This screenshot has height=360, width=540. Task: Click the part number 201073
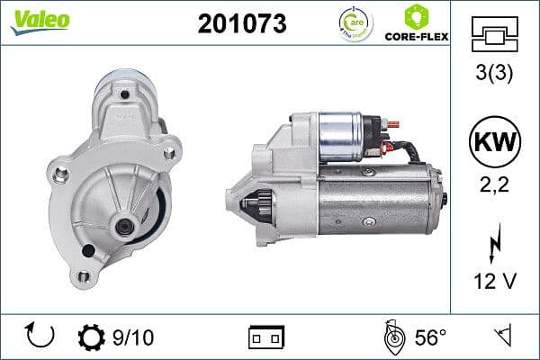tap(242, 24)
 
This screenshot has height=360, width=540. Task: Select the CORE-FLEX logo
tap(415, 24)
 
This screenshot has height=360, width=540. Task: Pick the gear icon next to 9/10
tap(91, 337)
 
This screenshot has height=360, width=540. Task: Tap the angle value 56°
tap(429, 337)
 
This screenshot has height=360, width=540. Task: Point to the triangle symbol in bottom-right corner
tap(501, 337)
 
